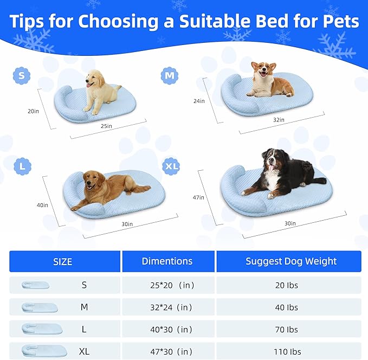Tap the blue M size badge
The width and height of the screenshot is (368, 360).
click(x=170, y=75)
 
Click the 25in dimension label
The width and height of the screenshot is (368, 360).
click(x=106, y=126)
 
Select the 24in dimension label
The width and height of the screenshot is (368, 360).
click(x=199, y=101)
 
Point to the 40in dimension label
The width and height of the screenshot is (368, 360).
click(x=42, y=205)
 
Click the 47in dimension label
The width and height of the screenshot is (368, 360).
click(x=198, y=197)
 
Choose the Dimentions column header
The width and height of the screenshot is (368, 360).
click(x=167, y=261)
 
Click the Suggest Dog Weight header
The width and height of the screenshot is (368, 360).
click(x=291, y=261)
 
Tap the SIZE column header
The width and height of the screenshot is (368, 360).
click(x=62, y=262)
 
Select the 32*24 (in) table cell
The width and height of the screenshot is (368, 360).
click(x=167, y=307)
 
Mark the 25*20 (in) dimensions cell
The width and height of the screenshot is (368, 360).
click(x=167, y=285)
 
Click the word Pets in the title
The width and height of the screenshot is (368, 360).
click(x=333, y=22)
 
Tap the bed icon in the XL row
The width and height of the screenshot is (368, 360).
click(x=43, y=351)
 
